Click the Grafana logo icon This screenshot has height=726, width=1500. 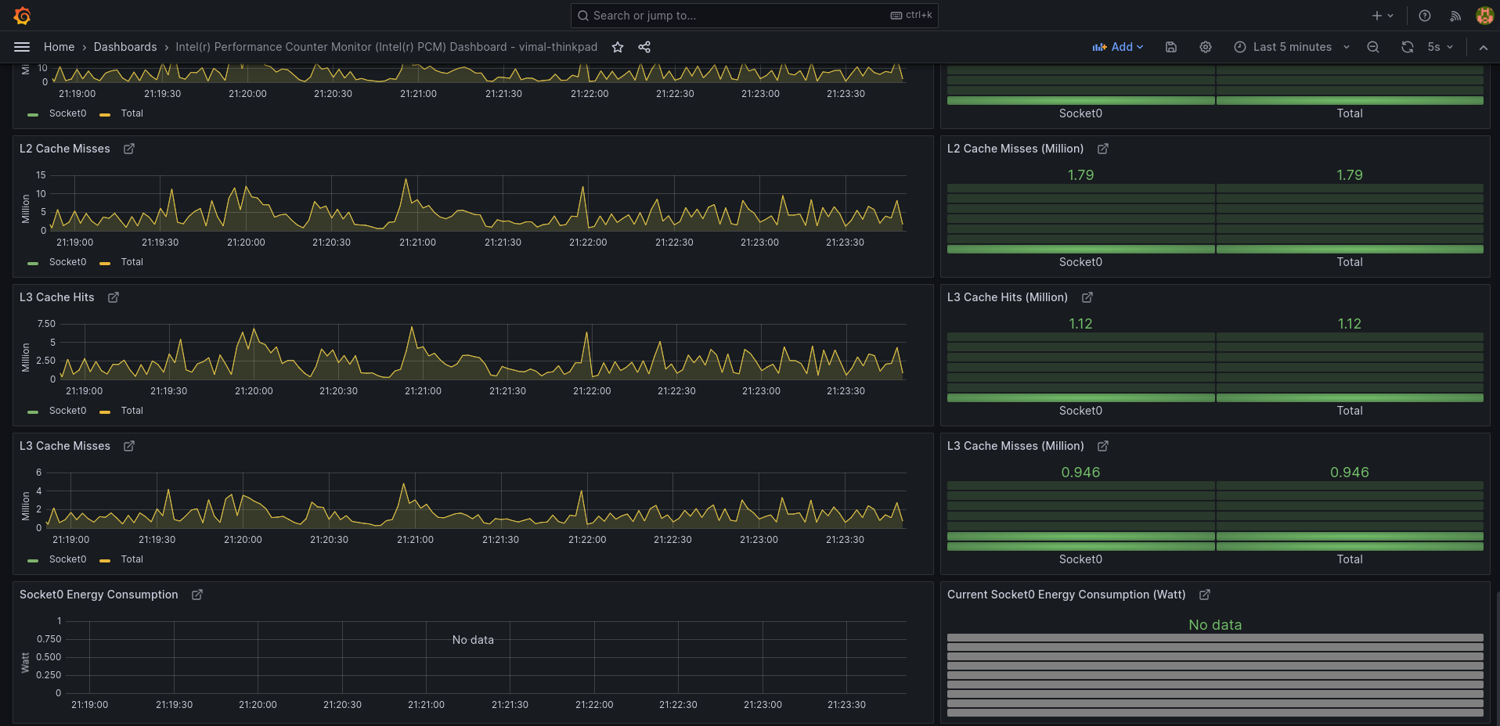[x=22, y=16]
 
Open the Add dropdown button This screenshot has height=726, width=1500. [x=1118, y=47]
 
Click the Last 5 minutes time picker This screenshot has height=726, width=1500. [x=1292, y=47]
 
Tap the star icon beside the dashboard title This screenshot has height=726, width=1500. [x=618, y=47]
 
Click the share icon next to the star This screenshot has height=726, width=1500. [x=644, y=47]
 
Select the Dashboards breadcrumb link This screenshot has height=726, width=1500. [x=125, y=47]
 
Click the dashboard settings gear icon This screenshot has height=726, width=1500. [x=1206, y=47]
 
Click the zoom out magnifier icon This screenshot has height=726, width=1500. [x=1373, y=47]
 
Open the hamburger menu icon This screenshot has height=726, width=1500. [x=22, y=47]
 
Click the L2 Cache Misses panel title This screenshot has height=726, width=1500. [x=65, y=149]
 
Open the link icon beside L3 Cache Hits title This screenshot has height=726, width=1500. [x=114, y=297]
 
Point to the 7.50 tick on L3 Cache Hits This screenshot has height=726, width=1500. [x=46, y=324]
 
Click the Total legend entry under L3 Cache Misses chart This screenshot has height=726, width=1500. [x=132, y=559]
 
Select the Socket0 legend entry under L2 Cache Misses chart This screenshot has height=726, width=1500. [x=67, y=262]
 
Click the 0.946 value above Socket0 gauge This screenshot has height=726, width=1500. [x=1080, y=473]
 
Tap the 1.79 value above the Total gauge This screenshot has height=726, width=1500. [x=1349, y=175]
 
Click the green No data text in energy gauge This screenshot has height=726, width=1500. [x=1215, y=625]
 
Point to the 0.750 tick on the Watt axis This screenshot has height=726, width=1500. [x=49, y=639]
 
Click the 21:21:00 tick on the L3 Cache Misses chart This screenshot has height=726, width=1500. [x=415, y=540]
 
